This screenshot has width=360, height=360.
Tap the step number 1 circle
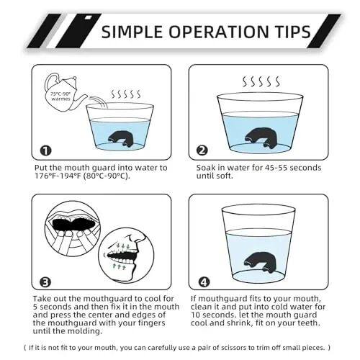[45, 150]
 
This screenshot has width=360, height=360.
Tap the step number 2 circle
[202, 150]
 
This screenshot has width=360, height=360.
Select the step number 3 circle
[45, 282]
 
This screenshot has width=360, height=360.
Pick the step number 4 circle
[204, 282]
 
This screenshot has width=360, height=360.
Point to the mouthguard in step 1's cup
[121, 139]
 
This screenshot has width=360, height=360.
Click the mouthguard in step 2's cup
[261, 138]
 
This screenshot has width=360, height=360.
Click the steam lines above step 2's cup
[261, 81]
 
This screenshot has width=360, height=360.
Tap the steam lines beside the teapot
[126, 94]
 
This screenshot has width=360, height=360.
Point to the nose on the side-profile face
[140, 238]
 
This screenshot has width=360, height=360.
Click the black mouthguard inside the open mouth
[73, 224]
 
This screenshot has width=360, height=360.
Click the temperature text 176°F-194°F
[57, 176]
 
